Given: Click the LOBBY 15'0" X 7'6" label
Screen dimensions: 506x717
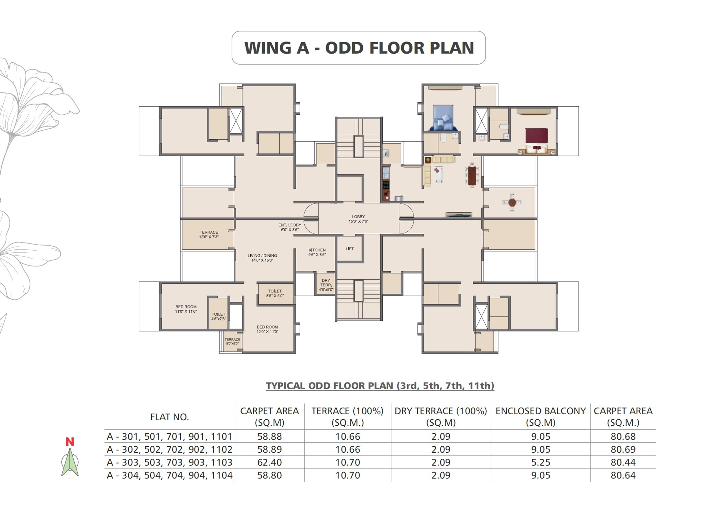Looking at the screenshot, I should (358, 219).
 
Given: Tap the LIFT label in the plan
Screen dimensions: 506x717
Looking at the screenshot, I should (350, 249).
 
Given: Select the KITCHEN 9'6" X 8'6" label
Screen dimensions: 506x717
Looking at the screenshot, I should (317, 252).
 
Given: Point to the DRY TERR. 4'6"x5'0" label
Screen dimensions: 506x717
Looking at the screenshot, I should (326, 285).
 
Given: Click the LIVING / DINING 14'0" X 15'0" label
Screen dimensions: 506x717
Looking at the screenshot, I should (262, 258).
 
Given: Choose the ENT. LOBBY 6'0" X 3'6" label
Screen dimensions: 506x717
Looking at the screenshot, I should (289, 227).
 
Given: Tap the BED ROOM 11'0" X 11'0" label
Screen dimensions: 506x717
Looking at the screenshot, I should (186, 309).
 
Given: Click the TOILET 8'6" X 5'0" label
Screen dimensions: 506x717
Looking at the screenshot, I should (275, 293).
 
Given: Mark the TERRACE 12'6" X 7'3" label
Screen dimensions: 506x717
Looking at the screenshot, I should (209, 234).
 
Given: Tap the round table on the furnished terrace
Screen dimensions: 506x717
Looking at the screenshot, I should (512, 202).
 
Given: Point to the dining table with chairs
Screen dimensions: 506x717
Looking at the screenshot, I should (472, 175).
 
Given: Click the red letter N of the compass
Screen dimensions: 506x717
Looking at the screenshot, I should (70, 442).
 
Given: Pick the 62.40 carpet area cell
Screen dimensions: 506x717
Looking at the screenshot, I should (269, 462).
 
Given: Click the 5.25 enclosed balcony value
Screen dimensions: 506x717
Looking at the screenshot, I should (540, 462).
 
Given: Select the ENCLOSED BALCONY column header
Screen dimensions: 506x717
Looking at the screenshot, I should (540, 417).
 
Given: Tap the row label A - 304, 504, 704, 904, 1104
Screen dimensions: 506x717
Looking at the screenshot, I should (170, 475).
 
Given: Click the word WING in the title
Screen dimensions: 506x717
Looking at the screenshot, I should (267, 48).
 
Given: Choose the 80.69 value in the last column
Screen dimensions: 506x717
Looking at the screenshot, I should (623, 449).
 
